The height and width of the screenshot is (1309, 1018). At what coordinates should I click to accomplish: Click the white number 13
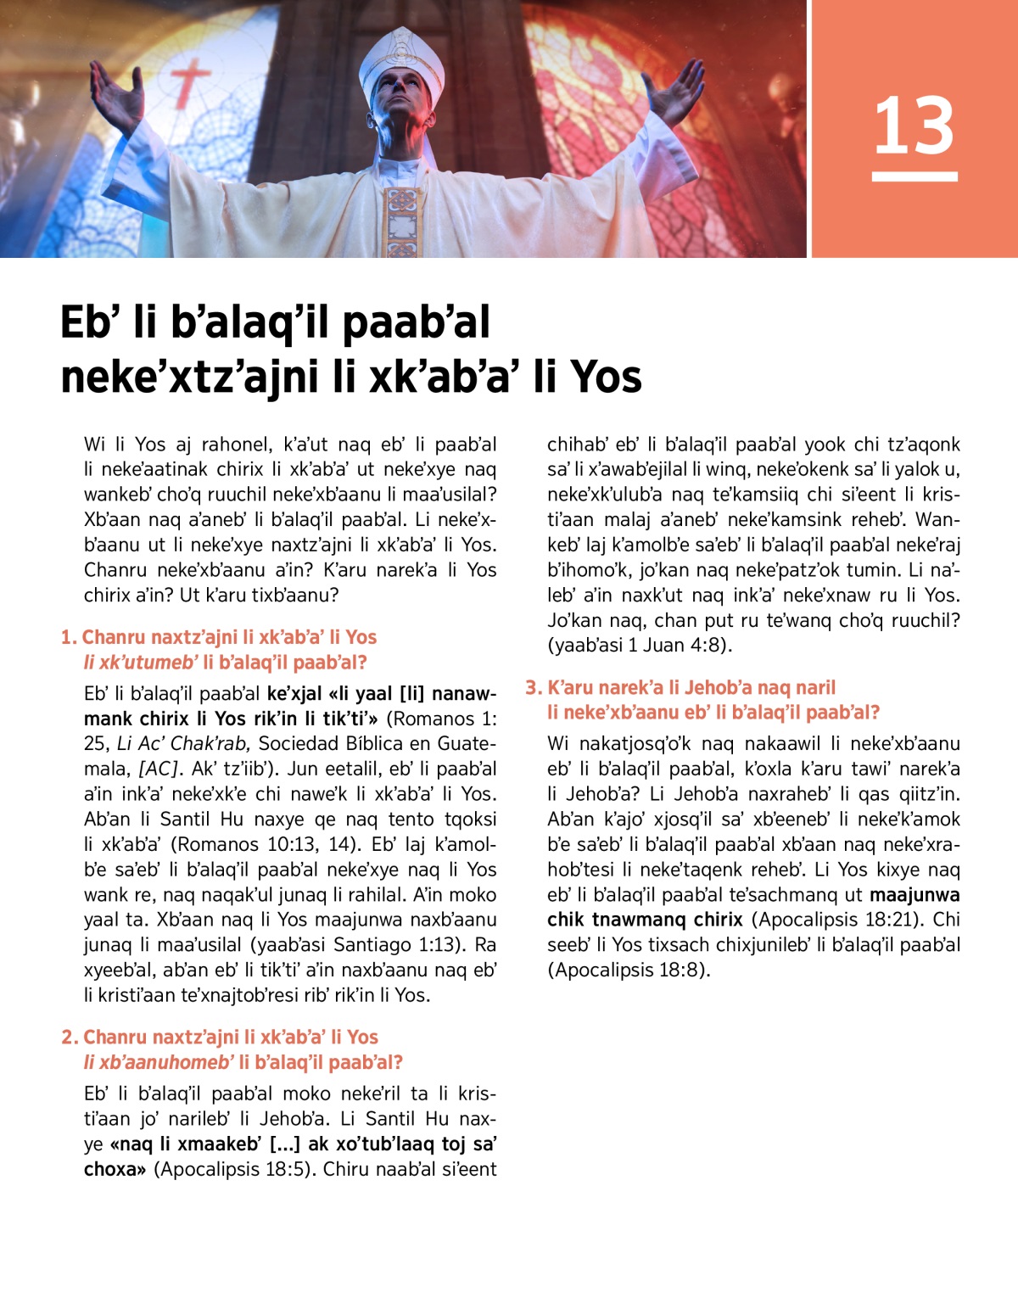(914, 126)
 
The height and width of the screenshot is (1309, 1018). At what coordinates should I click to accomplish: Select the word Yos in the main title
(606, 376)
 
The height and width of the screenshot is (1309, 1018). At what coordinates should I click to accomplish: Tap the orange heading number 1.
(68, 637)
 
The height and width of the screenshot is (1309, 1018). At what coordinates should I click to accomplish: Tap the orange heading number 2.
(69, 1037)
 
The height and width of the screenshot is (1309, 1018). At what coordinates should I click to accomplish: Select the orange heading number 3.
(533, 687)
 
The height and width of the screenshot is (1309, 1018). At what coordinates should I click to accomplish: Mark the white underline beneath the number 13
(914, 176)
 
